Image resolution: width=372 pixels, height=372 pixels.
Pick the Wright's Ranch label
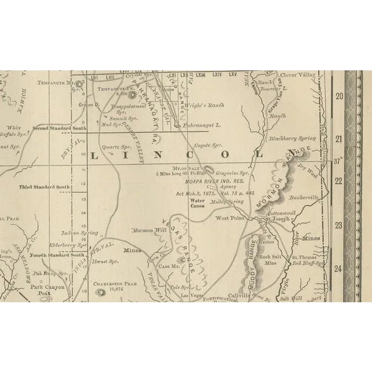point(207,105)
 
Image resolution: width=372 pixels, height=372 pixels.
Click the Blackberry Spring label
point(292,138)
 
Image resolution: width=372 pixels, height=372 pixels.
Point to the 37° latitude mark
point(338,160)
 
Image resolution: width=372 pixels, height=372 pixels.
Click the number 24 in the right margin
point(339,268)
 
